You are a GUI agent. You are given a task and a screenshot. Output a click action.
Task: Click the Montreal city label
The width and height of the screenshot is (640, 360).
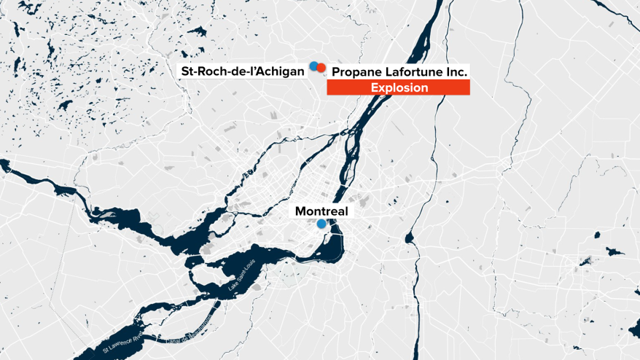tap(322, 211)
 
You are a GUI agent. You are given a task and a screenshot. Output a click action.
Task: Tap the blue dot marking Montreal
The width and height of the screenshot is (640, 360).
tap(321, 224)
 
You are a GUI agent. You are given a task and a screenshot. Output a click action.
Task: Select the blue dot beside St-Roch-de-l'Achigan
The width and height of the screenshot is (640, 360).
tap(313, 66)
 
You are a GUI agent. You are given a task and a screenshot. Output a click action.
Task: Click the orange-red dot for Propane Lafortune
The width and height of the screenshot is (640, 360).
tap(321, 68)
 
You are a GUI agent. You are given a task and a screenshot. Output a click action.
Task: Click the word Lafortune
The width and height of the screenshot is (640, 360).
tap(413, 72)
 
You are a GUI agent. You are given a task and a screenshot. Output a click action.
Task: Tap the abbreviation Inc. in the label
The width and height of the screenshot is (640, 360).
tap(456, 72)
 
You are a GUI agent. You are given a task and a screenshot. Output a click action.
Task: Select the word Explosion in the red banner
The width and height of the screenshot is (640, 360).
tap(398, 87)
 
